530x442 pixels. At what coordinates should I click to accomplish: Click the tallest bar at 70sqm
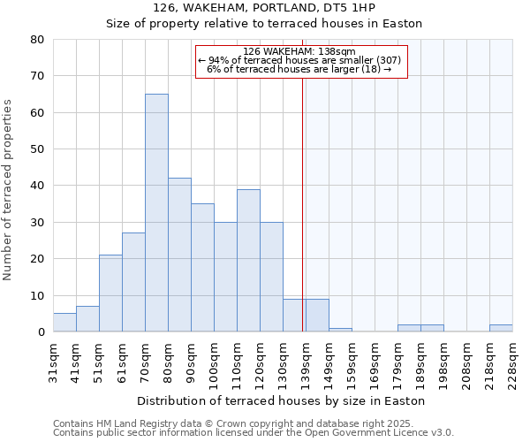point(156,212)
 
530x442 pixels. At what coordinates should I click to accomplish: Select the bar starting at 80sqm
point(179,255)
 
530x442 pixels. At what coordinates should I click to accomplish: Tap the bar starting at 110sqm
point(248,260)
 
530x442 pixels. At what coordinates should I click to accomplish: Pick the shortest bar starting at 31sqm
point(64,323)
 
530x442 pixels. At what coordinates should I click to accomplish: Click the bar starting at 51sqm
point(110,293)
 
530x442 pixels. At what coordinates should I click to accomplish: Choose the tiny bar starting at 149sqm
point(340,330)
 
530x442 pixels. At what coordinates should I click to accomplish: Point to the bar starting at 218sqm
point(501,328)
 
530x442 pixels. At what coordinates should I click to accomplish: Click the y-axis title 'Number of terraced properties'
point(8,189)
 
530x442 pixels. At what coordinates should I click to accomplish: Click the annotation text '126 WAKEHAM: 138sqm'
point(299,51)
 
